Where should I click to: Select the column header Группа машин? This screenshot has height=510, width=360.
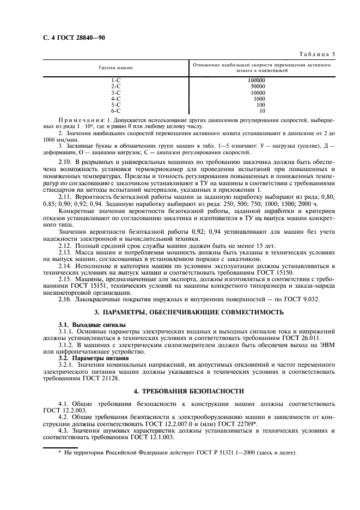(115, 68)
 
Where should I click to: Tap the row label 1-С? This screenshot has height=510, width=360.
(115, 80)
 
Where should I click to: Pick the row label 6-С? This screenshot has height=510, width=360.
(115, 111)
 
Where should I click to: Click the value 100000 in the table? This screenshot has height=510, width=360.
(256, 80)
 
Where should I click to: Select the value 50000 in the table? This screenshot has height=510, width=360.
(257, 86)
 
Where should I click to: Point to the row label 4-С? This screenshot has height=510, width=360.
(115, 99)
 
